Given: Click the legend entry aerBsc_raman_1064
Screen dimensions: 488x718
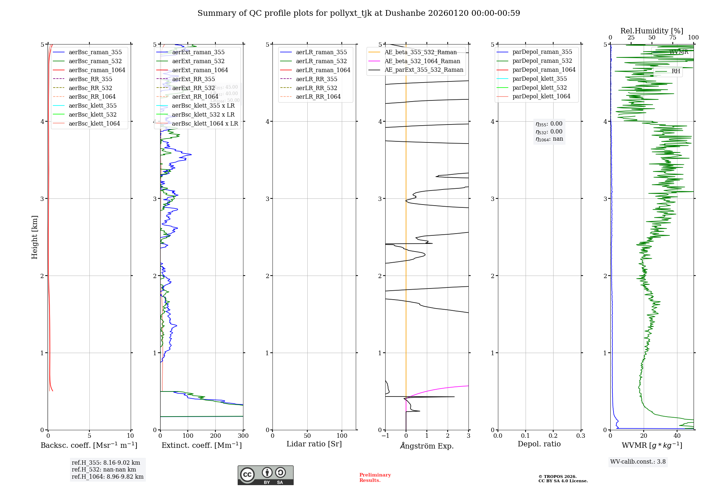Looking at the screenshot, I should (97, 70).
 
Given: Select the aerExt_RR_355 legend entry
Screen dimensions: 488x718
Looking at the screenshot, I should (194, 79).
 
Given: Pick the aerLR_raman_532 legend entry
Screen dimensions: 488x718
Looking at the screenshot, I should (321, 61).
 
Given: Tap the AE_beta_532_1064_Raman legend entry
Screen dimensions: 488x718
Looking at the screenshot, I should (422, 61).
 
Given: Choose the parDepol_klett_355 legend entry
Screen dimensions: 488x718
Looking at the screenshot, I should (540, 79).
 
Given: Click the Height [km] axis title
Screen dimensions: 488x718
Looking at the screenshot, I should (34, 237).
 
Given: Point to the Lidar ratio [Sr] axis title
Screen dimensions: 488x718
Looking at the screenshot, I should (314, 444).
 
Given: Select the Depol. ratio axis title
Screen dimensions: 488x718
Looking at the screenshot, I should (539, 444).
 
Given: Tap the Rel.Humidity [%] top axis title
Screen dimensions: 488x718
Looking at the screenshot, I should (652, 31).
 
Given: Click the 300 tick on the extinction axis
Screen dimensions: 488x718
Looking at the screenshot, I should (243, 436).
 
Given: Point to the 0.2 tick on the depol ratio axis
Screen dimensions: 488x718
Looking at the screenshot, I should (553, 436).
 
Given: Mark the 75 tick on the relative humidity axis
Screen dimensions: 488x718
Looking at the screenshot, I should (672, 38).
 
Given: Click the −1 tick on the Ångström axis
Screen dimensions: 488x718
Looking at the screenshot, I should (385, 436).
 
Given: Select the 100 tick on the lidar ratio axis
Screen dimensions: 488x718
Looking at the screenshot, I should (342, 436).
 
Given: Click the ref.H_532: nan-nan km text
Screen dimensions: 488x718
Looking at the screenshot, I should (104, 469).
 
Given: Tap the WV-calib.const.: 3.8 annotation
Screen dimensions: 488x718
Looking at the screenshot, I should (638, 461).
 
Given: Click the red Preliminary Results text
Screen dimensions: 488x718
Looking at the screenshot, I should (375, 478).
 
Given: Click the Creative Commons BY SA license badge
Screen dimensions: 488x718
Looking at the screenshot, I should (265, 475).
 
